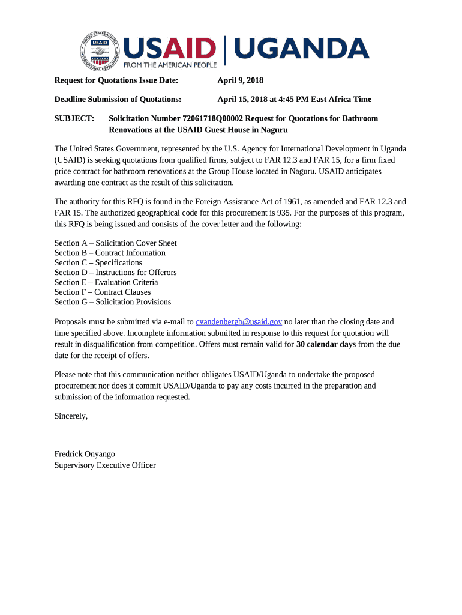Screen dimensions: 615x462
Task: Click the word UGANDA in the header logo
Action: pos(301,49)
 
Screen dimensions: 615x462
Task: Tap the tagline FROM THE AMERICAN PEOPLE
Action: pos(170,64)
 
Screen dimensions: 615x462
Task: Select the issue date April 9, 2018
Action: pos(240,80)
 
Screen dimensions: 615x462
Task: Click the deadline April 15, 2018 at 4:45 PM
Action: pos(294,99)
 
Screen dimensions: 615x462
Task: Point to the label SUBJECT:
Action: pos(74,118)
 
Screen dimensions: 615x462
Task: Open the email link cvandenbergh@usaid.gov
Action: pos(239,322)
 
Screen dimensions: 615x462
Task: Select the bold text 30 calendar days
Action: pos(326,345)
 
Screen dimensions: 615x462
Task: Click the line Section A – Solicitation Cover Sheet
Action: pos(115,243)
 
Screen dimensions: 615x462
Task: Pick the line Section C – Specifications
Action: pos(98,262)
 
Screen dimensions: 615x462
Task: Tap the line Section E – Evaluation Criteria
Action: pos(106,282)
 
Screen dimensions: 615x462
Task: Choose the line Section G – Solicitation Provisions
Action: pos(113,302)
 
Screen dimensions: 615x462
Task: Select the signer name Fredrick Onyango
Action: pos(85,454)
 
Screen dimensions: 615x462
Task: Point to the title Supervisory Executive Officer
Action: pos(105,465)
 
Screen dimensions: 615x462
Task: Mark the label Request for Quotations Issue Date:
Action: pos(116,80)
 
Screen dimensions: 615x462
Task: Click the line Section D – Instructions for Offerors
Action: pos(115,273)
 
